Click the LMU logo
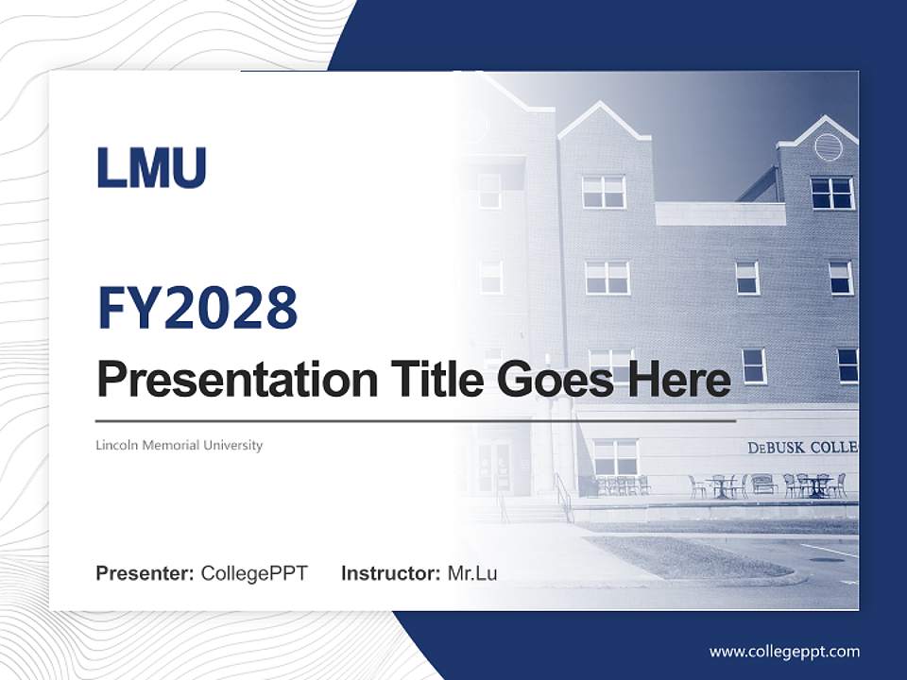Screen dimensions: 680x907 151,168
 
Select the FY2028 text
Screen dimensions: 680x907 197,309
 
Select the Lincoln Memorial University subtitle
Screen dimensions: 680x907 179,445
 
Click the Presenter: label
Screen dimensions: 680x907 145,573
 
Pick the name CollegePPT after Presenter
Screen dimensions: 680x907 254,573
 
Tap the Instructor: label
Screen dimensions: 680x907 391,573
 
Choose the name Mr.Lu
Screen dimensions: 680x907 472,573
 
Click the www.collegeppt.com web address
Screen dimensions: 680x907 784,651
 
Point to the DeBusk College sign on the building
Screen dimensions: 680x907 802,447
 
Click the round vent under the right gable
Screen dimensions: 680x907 828,146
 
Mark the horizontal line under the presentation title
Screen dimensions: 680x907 416,420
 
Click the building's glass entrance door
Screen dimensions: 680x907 493,467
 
